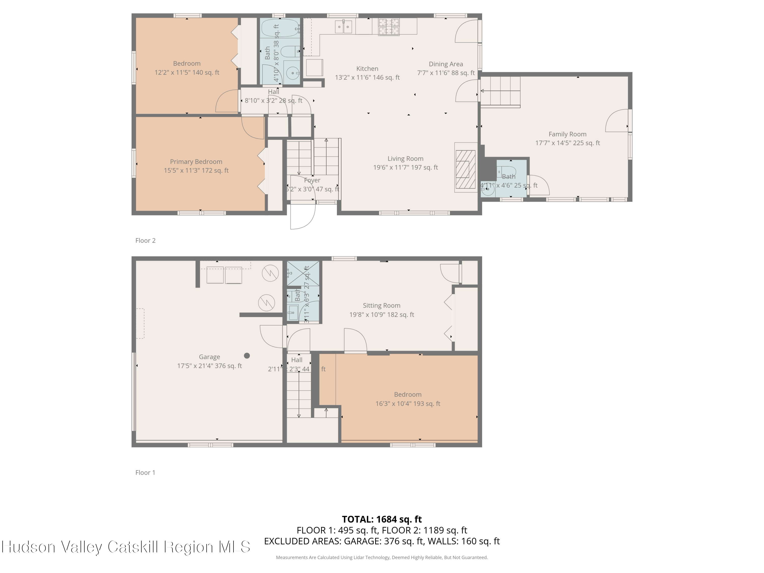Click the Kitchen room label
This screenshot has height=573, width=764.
(367, 69)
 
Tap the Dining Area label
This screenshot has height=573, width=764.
(446, 64)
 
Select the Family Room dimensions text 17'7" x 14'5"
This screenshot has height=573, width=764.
(567, 143)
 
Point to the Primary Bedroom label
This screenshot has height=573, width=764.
(196, 162)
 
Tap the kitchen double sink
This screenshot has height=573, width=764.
(343, 26)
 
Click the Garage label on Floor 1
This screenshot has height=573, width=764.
(209, 357)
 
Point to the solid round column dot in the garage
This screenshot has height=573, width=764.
(247, 356)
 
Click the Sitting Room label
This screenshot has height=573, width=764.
(381, 305)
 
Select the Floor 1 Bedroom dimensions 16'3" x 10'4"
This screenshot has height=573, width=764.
(407, 403)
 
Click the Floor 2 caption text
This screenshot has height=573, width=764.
(145, 240)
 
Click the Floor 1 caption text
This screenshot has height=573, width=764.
(145, 472)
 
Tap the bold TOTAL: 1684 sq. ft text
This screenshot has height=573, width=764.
(382, 519)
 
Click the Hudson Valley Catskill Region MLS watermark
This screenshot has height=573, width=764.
(126, 547)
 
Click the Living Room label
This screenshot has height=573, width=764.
(405, 159)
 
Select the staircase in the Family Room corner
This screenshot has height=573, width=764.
(500, 91)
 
